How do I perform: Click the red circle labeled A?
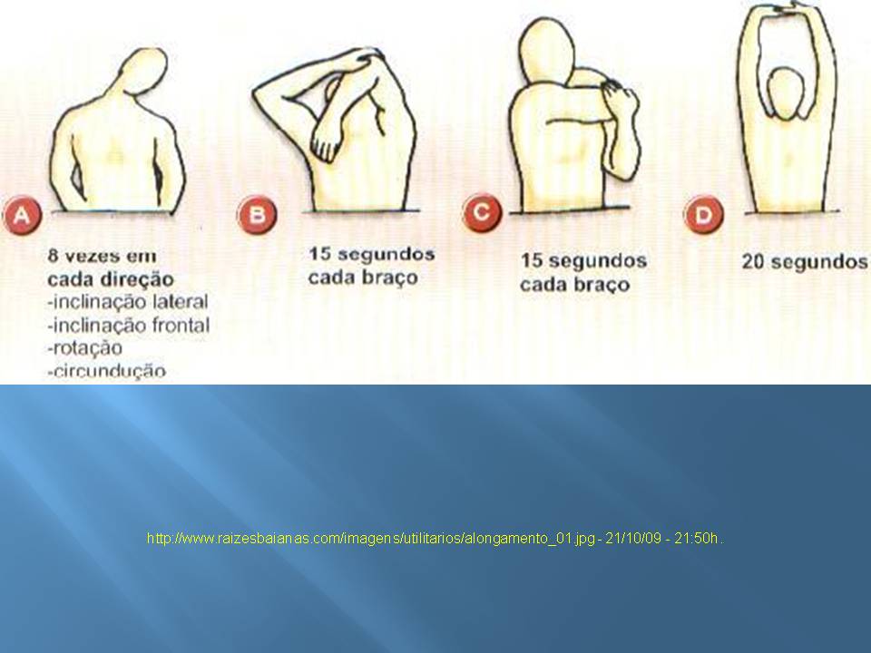click(22, 214)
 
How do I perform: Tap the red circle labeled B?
click(257, 214)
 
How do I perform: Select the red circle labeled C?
click(482, 212)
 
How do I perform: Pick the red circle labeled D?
click(703, 214)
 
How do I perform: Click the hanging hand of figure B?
click(328, 144)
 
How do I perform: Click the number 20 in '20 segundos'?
click(753, 261)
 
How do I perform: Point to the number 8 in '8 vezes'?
click(54, 256)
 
